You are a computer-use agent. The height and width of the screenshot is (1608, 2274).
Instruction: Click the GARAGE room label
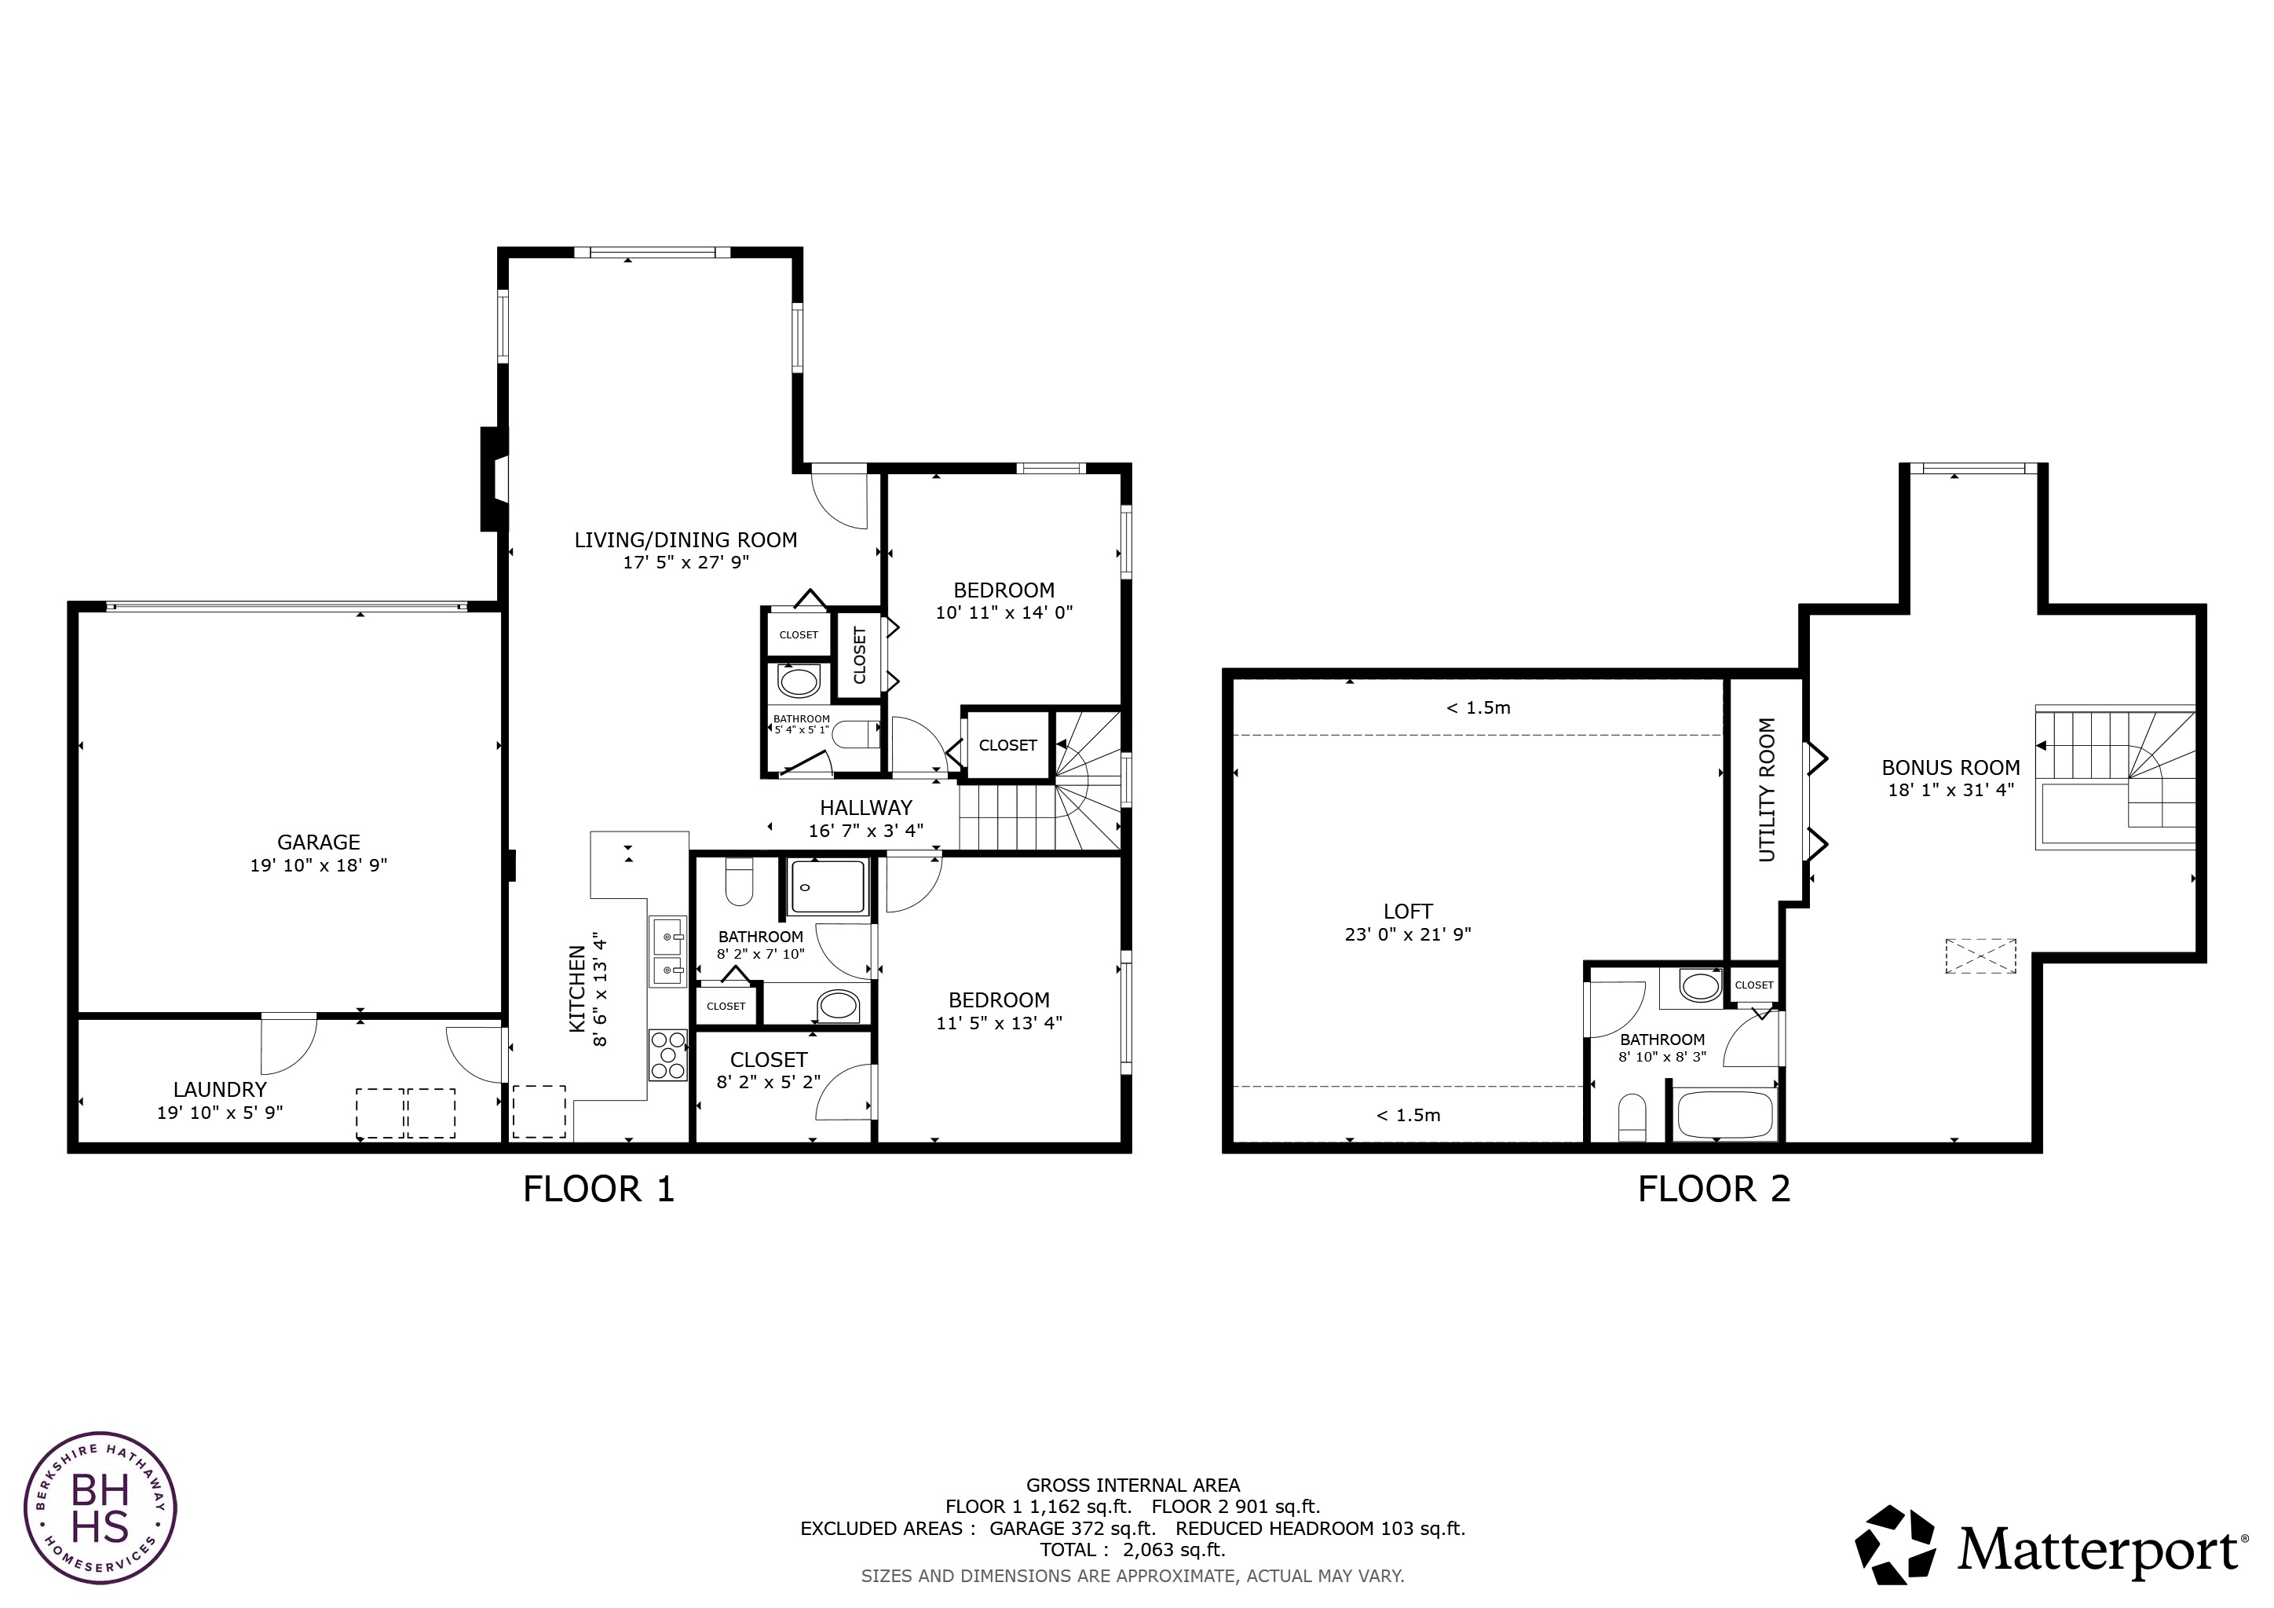[318, 842]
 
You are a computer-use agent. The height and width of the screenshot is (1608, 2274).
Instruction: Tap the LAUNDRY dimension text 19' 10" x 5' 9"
[220, 1113]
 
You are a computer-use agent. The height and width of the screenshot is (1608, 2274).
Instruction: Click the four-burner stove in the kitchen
[667, 1055]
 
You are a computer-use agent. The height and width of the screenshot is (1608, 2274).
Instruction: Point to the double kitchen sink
[667, 952]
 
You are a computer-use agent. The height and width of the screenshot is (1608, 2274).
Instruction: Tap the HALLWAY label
[865, 808]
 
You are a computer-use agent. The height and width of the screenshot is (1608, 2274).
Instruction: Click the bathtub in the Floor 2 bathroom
[1724, 1115]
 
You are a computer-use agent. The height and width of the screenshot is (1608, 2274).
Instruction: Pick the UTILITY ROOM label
[1767, 790]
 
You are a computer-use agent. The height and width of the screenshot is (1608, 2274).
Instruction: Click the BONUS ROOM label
[1950, 767]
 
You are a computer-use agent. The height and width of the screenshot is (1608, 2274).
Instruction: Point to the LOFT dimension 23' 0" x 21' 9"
[1407, 934]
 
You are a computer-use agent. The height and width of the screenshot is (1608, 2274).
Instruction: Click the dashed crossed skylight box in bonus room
[1980, 956]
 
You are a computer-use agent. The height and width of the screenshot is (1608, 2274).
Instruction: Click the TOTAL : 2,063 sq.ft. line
[1132, 1550]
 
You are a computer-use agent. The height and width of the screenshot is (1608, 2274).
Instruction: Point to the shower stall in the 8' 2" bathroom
[828, 887]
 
